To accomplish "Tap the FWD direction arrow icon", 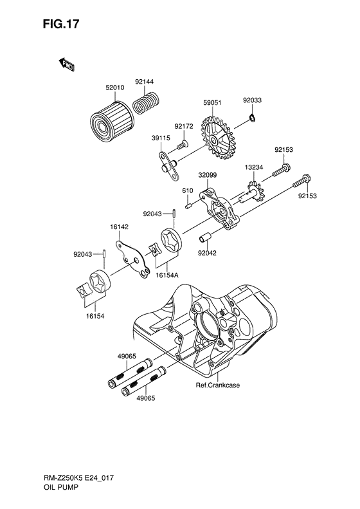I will coord(66,63).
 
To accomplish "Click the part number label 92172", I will coord(183,127).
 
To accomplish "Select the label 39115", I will coord(161,138).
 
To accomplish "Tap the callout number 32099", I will coord(207,174).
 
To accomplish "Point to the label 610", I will coord(188,191).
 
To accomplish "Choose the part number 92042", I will coord(208,254).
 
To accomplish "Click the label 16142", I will coord(120,227).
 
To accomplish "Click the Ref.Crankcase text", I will coord(218,386).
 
